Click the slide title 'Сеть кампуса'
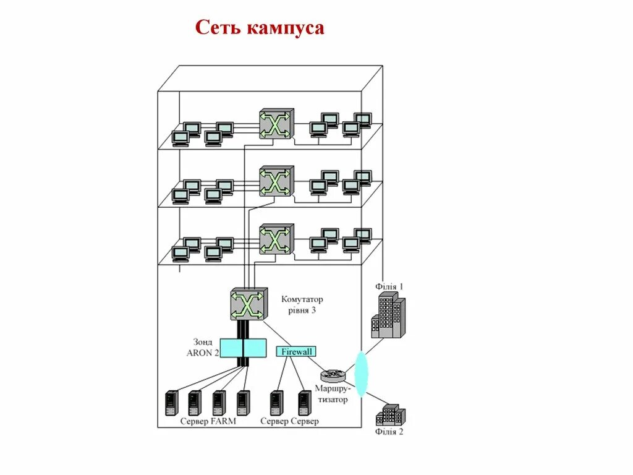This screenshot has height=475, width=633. (x=260, y=28)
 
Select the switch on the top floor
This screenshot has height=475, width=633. (x=276, y=124)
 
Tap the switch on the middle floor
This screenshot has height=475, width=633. (x=276, y=181)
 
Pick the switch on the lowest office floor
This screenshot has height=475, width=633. (x=276, y=239)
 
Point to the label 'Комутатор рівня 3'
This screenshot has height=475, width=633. (x=302, y=305)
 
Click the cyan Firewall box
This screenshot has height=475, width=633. (x=295, y=351)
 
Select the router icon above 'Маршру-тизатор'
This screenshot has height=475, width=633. (x=333, y=375)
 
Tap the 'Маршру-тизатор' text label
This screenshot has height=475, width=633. (x=331, y=394)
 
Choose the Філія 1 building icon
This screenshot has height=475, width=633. (x=387, y=315)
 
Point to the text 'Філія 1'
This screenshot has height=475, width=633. (x=389, y=286)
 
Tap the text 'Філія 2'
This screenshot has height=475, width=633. (x=389, y=432)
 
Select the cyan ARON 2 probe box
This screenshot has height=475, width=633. (x=244, y=347)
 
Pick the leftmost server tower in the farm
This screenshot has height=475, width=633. (x=171, y=403)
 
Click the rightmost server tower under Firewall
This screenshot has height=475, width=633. (x=304, y=403)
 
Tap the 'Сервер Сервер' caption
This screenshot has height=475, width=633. (x=289, y=422)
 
